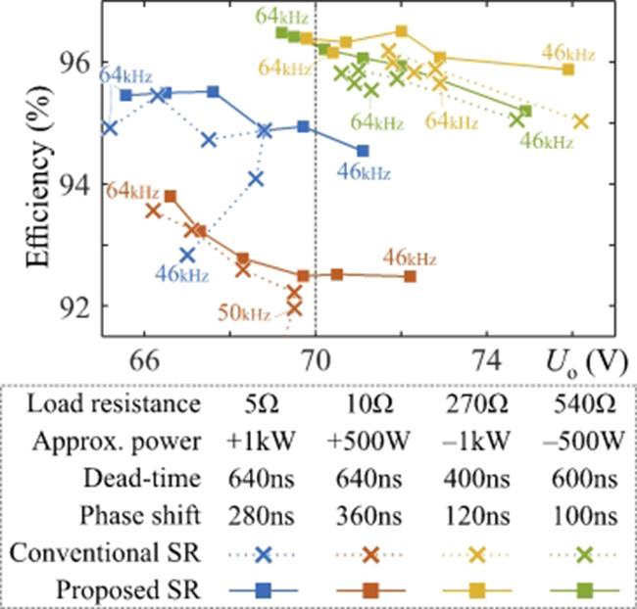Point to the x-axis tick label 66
[x=145, y=359]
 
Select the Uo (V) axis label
[x=587, y=361]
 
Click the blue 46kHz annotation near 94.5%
[x=364, y=173]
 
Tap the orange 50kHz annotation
[x=243, y=313]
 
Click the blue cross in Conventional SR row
[x=263, y=553]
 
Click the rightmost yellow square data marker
[x=568, y=70]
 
